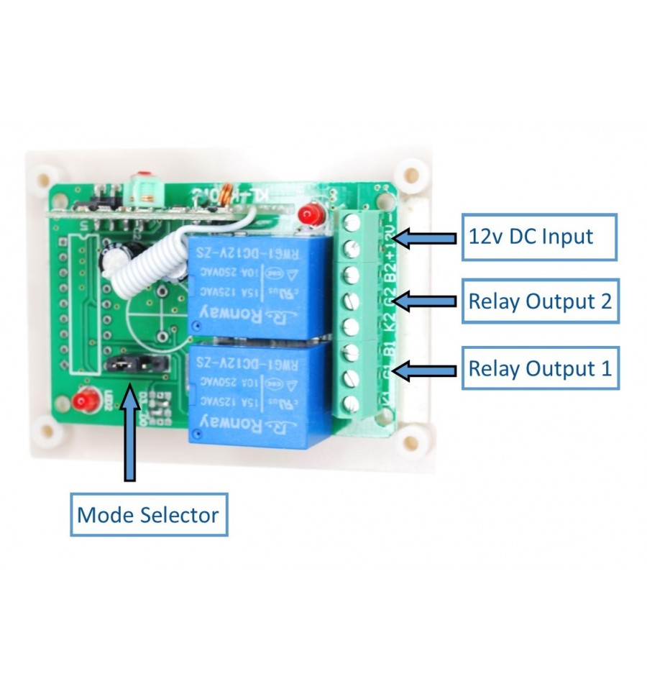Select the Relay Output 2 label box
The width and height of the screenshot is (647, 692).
540,301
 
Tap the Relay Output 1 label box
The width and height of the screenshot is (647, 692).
540,368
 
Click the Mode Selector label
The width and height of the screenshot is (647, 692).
148,514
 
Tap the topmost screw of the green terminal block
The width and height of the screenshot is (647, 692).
353,221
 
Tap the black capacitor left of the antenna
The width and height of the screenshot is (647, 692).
115,255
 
